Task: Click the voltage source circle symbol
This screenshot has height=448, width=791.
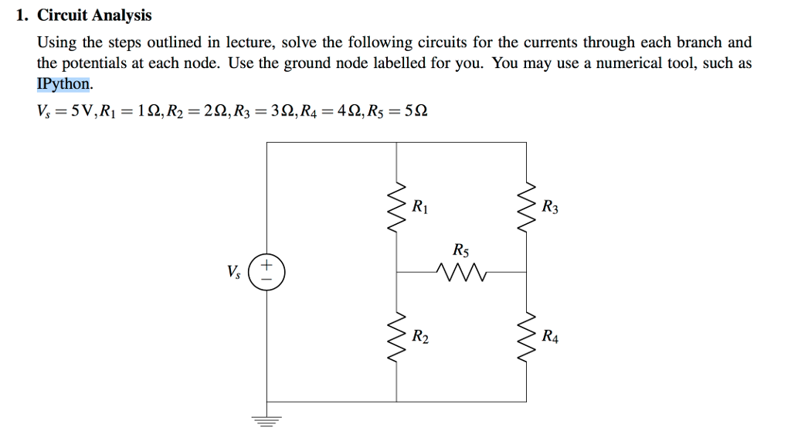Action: coord(267,273)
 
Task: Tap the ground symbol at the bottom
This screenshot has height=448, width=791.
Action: coord(267,420)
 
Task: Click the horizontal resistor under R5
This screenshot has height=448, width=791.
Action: coord(460,272)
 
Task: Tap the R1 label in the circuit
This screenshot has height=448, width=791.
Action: coord(420,207)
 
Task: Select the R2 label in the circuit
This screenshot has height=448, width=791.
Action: coord(420,337)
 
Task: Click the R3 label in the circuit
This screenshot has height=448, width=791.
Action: coord(550,207)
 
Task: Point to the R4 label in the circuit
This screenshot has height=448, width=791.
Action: coord(550,337)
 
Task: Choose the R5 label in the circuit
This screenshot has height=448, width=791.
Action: coord(460,251)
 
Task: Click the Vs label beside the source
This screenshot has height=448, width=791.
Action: coord(234,273)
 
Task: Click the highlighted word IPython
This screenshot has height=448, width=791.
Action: coord(64,83)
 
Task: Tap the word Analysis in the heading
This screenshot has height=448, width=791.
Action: coord(121,15)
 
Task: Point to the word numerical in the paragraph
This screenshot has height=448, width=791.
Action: coord(623,63)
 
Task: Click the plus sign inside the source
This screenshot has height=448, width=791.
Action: coord(267,266)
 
